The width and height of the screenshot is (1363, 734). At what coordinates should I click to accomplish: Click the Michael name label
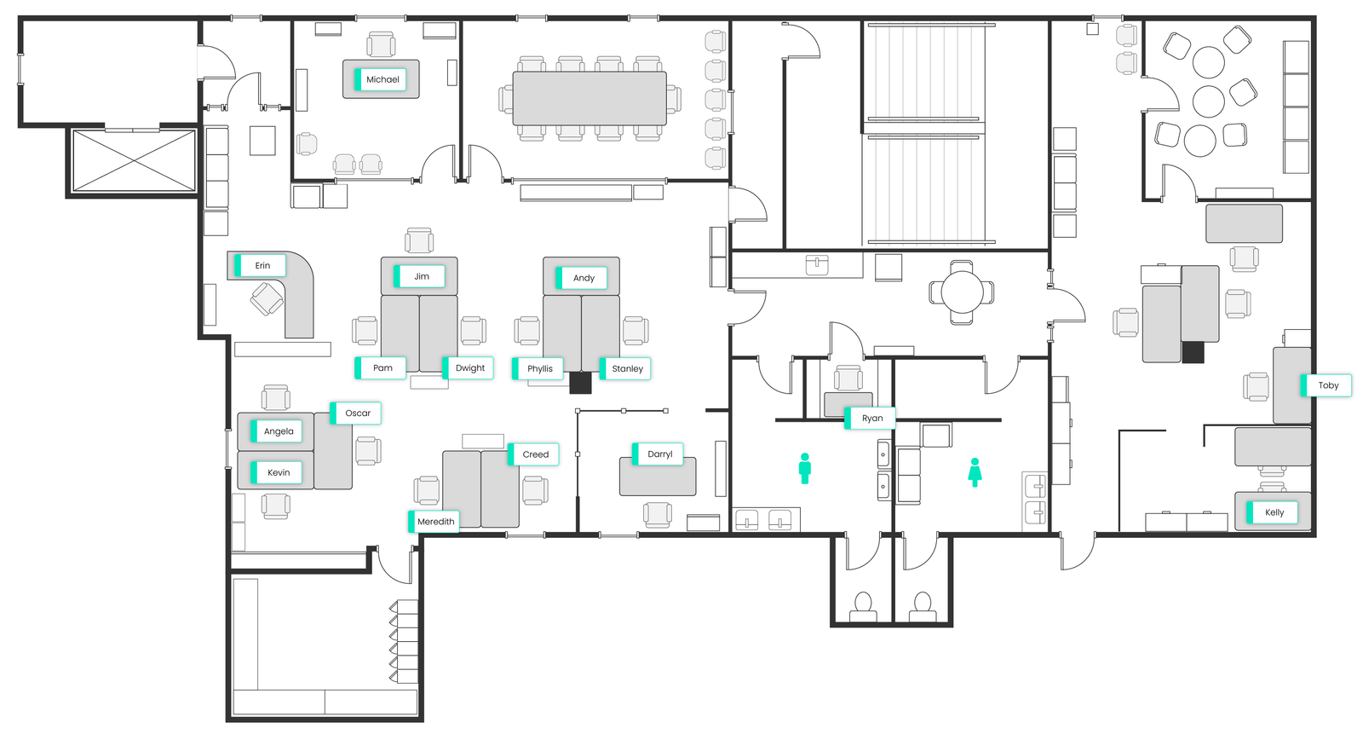[x=381, y=79]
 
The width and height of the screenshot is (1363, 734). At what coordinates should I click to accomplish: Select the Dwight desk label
[x=469, y=368]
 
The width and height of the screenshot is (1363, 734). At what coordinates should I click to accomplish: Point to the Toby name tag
[x=1326, y=385]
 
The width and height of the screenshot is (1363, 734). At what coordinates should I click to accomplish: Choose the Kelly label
[x=1273, y=512]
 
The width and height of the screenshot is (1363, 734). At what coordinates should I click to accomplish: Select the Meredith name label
[x=434, y=522]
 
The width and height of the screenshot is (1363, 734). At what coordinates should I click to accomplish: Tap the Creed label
[x=534, y=454]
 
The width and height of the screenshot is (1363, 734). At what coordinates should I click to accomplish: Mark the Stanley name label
[x=626, y=369]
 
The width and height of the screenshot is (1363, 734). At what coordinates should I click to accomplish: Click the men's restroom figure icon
[x=805, y=468]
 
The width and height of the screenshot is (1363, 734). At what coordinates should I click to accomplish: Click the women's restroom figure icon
[x=975, y=472]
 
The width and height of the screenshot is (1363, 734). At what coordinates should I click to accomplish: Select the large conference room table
[x=589, y=98]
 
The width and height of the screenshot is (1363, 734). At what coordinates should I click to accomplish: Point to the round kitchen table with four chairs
[x=962, y=292]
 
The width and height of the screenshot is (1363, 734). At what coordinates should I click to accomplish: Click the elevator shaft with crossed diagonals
[x=134, y=160]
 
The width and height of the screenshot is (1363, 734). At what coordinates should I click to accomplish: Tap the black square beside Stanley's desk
[x=580, y=383]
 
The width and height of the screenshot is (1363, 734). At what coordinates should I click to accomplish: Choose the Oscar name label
[x=356, y=413]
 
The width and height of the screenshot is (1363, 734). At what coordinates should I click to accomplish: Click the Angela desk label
[x=277, y=431]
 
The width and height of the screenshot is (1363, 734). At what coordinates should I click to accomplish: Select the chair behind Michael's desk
[x=381, y=43]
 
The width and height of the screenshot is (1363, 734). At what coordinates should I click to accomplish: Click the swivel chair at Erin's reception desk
[x=267, y=299]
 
